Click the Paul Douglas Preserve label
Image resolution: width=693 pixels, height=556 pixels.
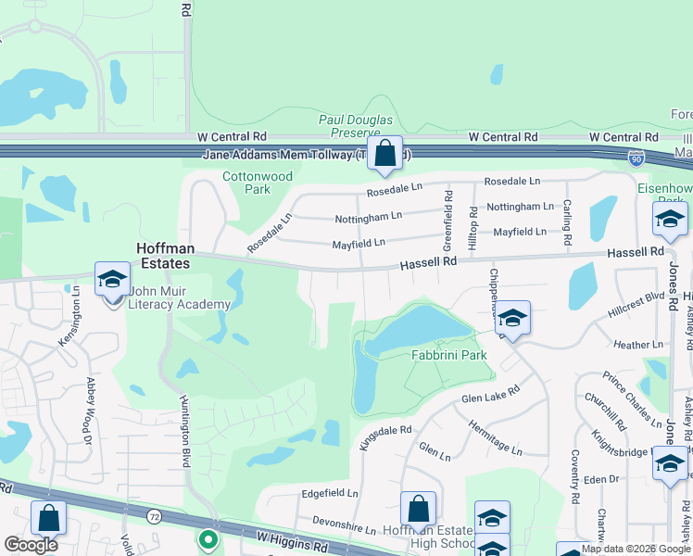[356, 126]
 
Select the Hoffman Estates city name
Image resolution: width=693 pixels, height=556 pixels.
[163, 256]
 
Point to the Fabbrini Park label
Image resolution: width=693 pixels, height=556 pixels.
[449, 355]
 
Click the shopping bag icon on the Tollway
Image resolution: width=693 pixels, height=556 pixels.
[384, 154]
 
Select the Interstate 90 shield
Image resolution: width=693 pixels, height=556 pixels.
[636, 158]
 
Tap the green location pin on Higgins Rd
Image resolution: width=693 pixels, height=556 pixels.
[208, 538]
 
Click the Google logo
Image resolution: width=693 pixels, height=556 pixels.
[31, 546]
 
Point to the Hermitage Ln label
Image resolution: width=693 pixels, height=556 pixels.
[496, 434]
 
